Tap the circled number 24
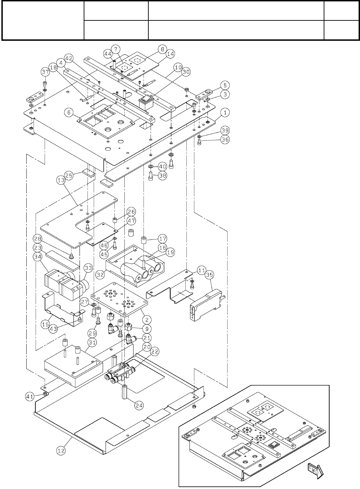click(139, 406)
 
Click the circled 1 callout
click(225, 113)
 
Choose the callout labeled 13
click(61, 180)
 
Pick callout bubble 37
click(45, 72)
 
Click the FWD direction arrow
click(315, 470)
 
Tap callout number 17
click(163, 238)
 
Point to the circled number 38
click(163, 176)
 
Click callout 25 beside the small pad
click(69, 176)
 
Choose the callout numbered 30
click(186, 72)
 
